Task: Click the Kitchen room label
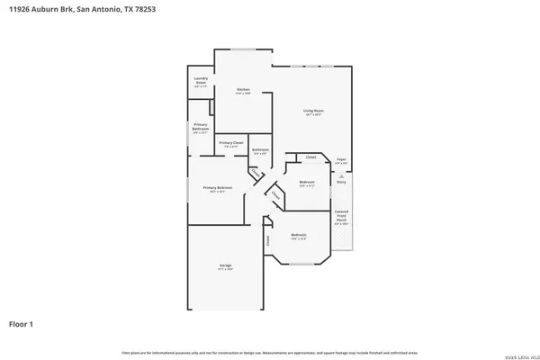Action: click(243, 90)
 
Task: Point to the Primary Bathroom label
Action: click(201, 129)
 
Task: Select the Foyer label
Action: click(341, 160)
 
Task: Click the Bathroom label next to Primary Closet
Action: click(260, 150)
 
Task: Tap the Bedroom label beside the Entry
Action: click(307, 184)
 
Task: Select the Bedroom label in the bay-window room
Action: click(299, 237)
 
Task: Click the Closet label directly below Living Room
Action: click(310, 157)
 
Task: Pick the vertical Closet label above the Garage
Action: click(267, 241)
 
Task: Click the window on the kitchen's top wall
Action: click(243, 49)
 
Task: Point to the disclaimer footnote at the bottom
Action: click(270, 350)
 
